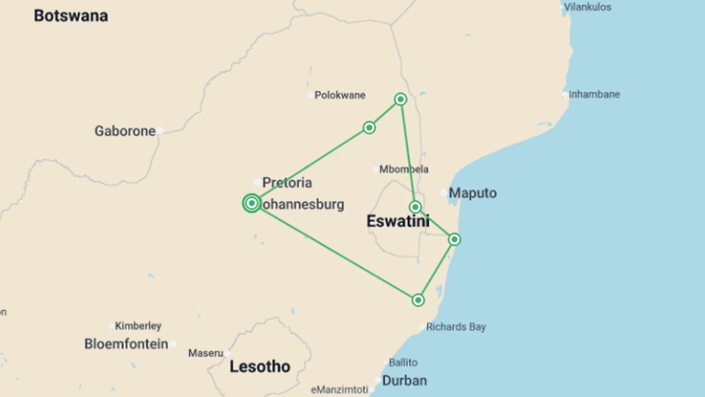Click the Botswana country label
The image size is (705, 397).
click(x=71, y=16)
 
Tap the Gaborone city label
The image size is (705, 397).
click(x=125, y=131)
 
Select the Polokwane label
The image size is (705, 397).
click(x=340, y=95)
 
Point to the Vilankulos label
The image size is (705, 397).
click(x=587, y=7)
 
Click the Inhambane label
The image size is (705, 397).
click(x=594, y=94)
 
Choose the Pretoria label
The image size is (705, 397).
click(x=287, y=182)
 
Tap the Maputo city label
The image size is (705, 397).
click(x=473, y=193)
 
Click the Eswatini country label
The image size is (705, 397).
click(x=398, y=221)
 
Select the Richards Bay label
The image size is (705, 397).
click(x=456, y=327)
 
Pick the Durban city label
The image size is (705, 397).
click(x=404, y=380)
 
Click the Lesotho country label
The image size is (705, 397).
click(x=260, y=366)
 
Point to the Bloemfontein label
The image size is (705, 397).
click(x=126, y=344)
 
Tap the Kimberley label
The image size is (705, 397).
click(x=138, y=326)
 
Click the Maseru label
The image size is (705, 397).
click(x=206, y=353)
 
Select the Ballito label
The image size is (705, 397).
click(x=403, y=362)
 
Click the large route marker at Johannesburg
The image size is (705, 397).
click(x=252, y=203)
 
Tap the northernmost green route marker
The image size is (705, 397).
click(x=401, y=99)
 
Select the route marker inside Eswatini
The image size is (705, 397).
click(x=415, y=207)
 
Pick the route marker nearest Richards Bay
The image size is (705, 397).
click(x=418, y=300)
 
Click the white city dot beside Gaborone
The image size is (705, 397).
click(x=160, y=131)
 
